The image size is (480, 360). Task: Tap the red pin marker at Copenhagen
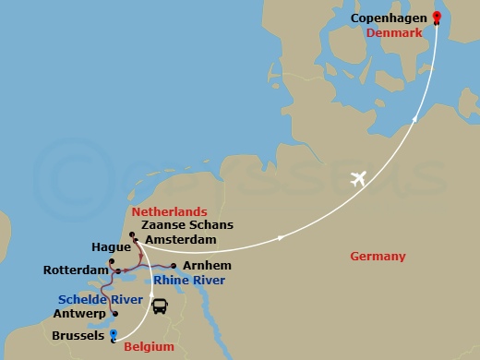click(x=437, y=17)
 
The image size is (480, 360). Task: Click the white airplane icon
click(x=358, y=178)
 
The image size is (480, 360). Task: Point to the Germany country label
click(x=378, y=256)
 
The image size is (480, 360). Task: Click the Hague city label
click(x=110, y=247)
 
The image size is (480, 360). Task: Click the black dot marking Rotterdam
click(x=110, y=270)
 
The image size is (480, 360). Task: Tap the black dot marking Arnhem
click(x=174, y=266)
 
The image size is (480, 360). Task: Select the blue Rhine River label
click(x=190, y=281)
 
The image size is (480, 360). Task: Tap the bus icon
click(x=161, y=305)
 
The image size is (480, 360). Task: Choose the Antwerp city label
click(x=81, y=314)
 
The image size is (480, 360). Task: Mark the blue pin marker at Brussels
click(x=113, y=335)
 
